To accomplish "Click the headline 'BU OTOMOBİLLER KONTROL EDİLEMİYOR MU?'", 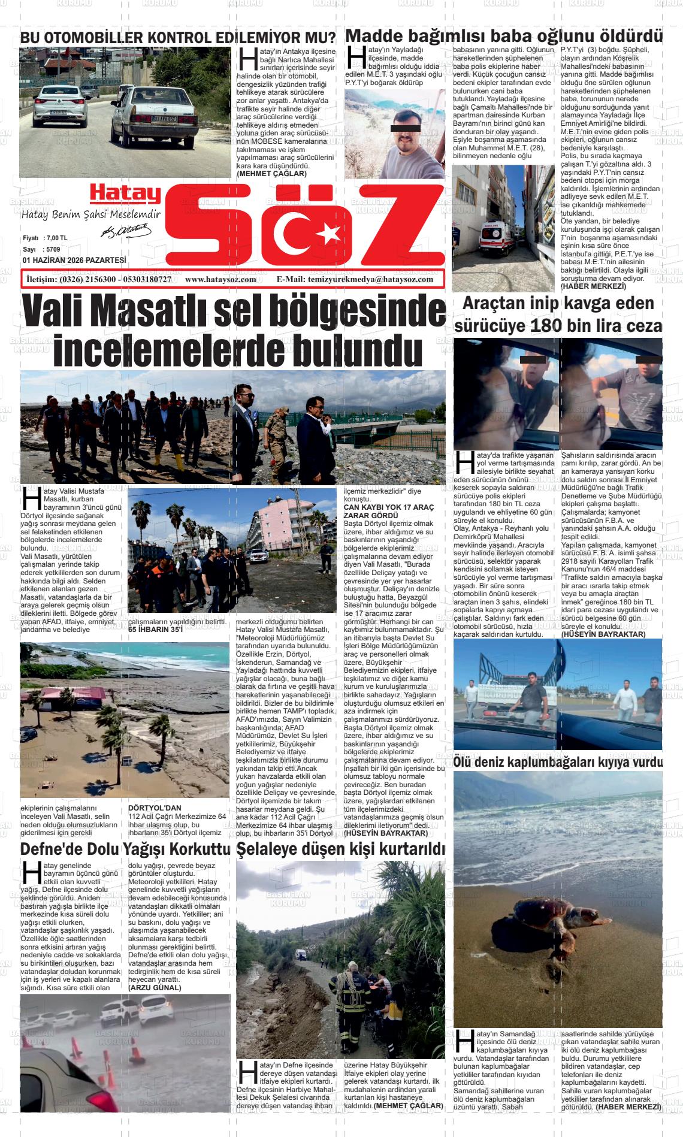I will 178,37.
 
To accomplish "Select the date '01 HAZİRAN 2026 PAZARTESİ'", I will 74,260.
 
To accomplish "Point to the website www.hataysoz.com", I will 220,280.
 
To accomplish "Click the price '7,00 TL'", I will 56,238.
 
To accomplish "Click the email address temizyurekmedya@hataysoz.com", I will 370,280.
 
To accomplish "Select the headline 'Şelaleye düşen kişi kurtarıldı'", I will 341,849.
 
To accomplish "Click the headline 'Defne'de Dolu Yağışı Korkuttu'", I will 125,849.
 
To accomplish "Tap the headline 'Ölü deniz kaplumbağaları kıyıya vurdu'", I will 558,762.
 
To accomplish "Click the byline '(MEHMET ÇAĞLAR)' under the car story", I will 271,174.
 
